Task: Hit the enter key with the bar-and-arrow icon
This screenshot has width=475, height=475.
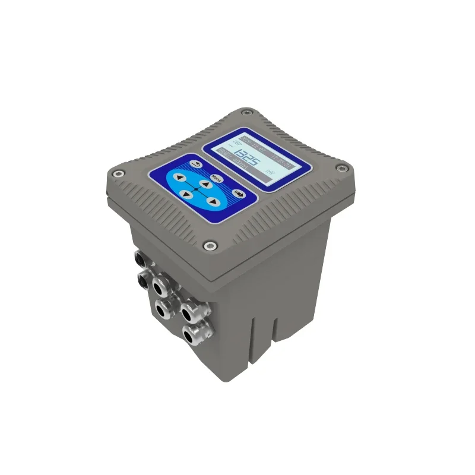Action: [x=239, y=194]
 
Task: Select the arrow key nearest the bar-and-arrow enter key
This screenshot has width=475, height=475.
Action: [x=213, y=202]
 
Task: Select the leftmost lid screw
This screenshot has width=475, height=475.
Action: [x=119, y=174]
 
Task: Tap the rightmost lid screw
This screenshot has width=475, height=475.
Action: [x=341, y=168]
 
